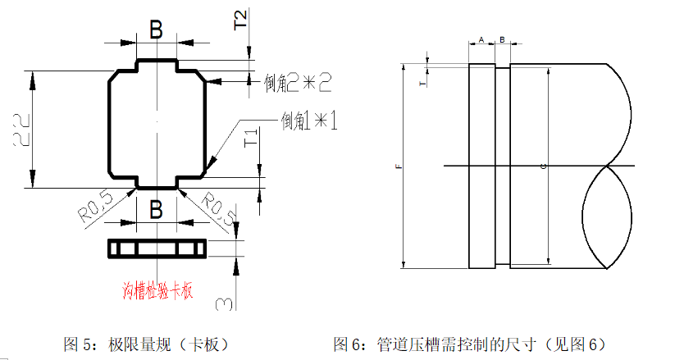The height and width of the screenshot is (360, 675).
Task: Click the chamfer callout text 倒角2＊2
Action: point(298,82)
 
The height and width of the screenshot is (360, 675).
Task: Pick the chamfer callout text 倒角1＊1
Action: point(309,121)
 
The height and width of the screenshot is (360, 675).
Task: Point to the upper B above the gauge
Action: point(156,30)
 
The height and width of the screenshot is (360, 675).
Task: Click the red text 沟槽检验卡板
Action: point(157,290)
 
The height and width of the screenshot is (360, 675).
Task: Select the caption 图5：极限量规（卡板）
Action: point(145,344)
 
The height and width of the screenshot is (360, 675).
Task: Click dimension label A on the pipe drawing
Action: point(481,39)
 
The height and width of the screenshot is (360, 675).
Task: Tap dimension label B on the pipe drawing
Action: point(502,39)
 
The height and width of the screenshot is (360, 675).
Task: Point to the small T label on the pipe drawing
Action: point(422,84)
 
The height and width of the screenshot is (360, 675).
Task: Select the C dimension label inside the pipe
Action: point(545,166)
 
